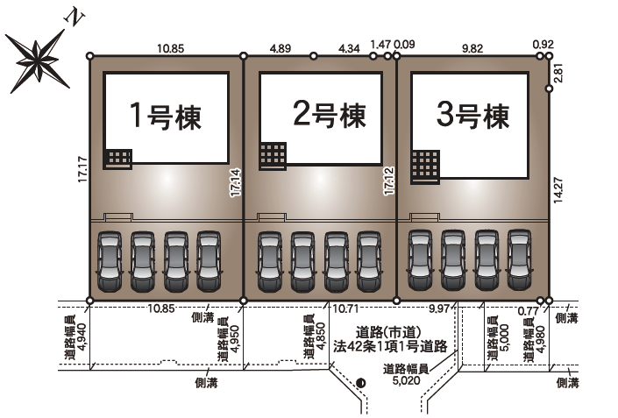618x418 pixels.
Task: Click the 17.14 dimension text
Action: [x=236, y=183]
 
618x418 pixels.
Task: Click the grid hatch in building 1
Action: [x=117, y=158]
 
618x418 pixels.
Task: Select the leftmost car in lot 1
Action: [x=110, y=261]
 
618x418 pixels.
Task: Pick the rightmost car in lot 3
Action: [x=519, y=260]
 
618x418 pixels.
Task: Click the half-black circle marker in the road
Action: [x=361, y=382]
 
